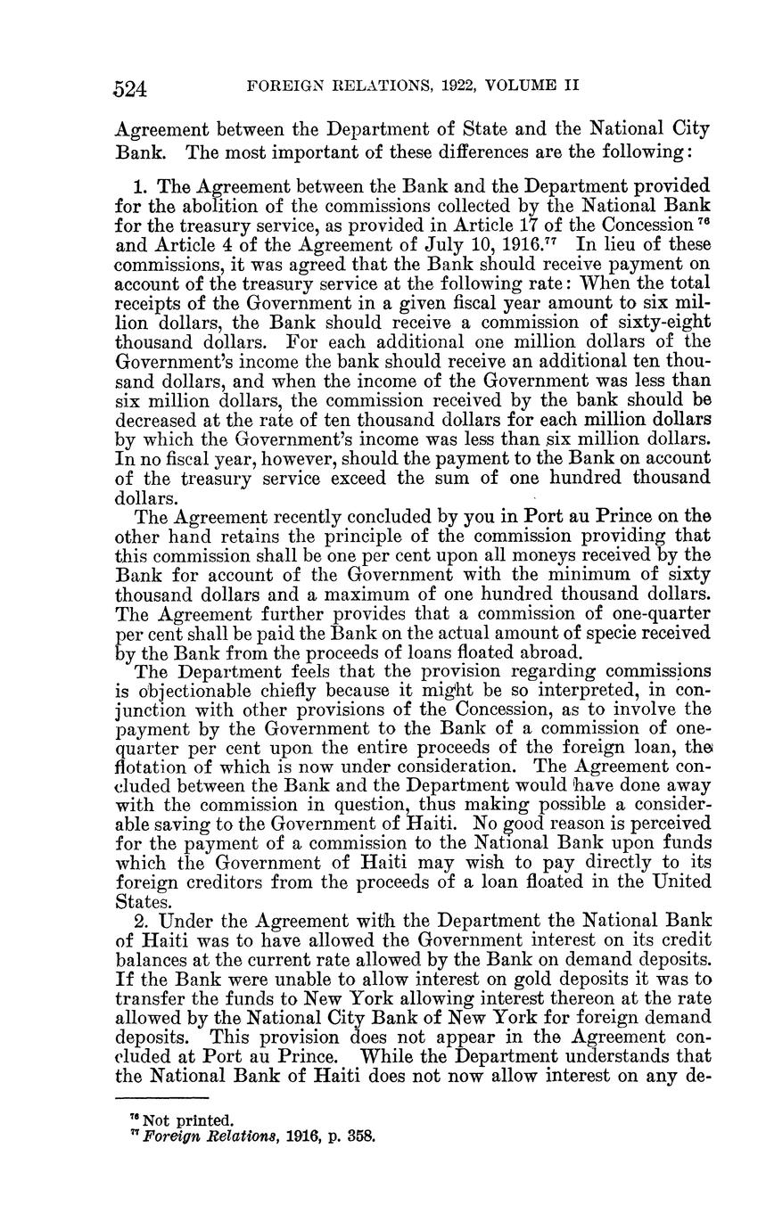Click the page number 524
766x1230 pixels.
click(130, 87)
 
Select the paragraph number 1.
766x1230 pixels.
click(142, 187)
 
